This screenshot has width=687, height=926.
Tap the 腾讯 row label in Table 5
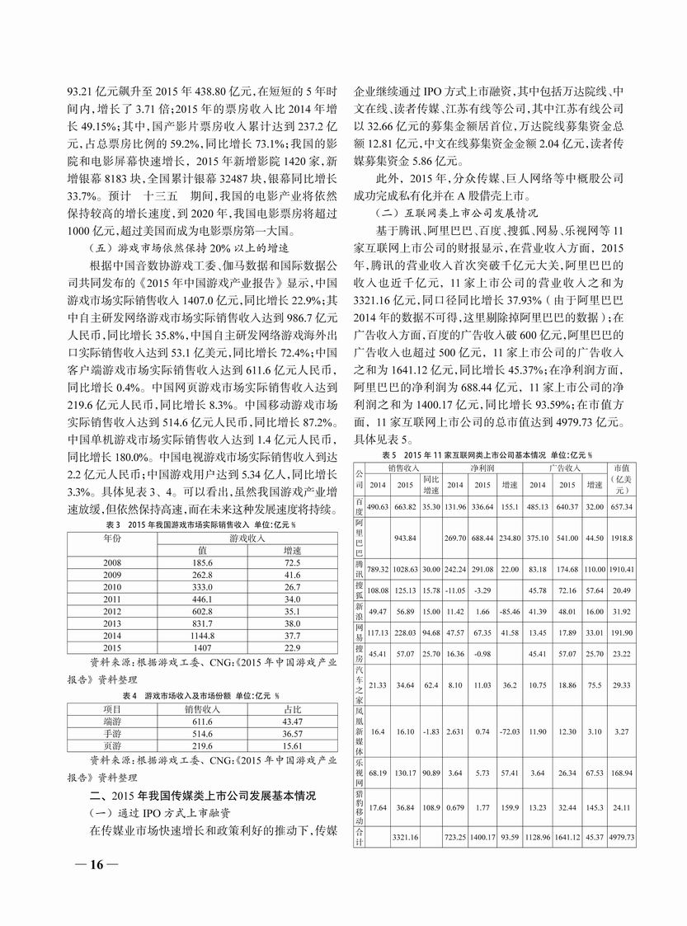(x=359, y=571)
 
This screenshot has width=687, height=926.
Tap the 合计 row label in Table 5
(x=359, y=836)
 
